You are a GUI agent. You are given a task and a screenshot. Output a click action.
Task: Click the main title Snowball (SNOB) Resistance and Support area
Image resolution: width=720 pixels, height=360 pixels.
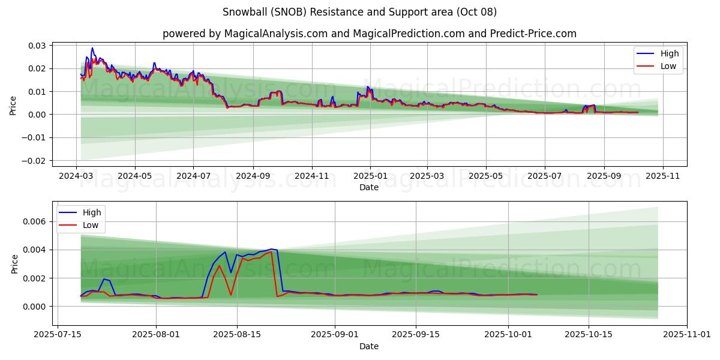point(359,12)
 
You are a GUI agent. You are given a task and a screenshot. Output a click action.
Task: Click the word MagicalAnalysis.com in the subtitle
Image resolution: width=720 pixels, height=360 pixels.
point(271,34)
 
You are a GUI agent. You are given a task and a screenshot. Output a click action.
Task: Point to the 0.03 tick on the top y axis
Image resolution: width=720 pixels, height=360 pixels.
point(37,46)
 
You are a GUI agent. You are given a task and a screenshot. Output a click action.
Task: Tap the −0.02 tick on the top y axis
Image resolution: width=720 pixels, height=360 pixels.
point(34,161)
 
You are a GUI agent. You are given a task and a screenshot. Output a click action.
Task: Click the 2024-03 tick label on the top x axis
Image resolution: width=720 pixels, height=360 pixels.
point(76,177)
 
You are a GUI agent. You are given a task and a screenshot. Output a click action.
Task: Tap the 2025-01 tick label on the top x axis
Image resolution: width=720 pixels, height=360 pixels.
point(370,177)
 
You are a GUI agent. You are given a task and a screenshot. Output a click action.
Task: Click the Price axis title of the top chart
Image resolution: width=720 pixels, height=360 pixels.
point(13,105)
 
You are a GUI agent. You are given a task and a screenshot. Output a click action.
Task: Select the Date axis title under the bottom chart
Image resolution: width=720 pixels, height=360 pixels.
point(368,346)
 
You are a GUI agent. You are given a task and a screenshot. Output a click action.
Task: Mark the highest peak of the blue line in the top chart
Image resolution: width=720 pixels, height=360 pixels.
point(92,48)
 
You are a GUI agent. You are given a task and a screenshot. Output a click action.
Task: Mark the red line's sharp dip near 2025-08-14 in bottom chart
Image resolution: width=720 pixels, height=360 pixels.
point(231,295)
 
